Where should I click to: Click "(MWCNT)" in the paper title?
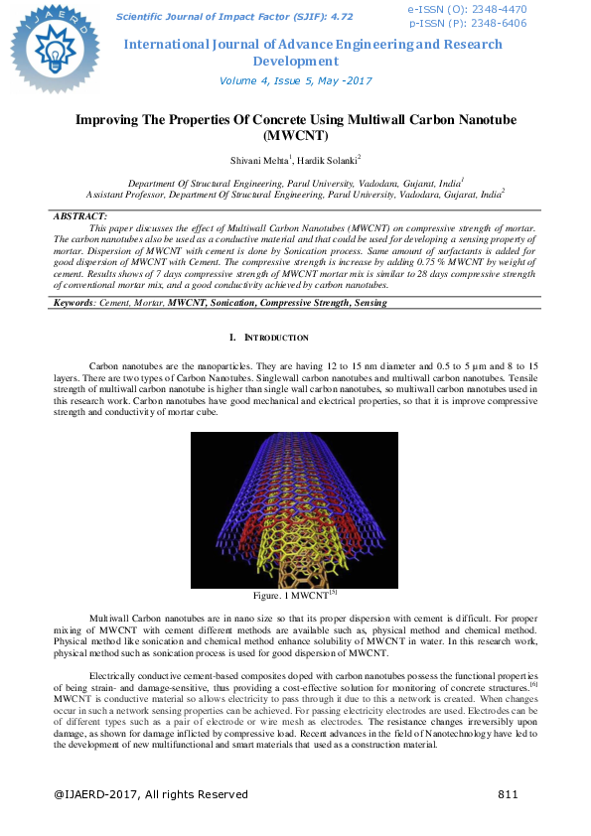click(295, 134)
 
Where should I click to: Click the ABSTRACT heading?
click(79, 215)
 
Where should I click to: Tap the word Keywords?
click(73, 273)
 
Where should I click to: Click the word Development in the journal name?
click(296, 61)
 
